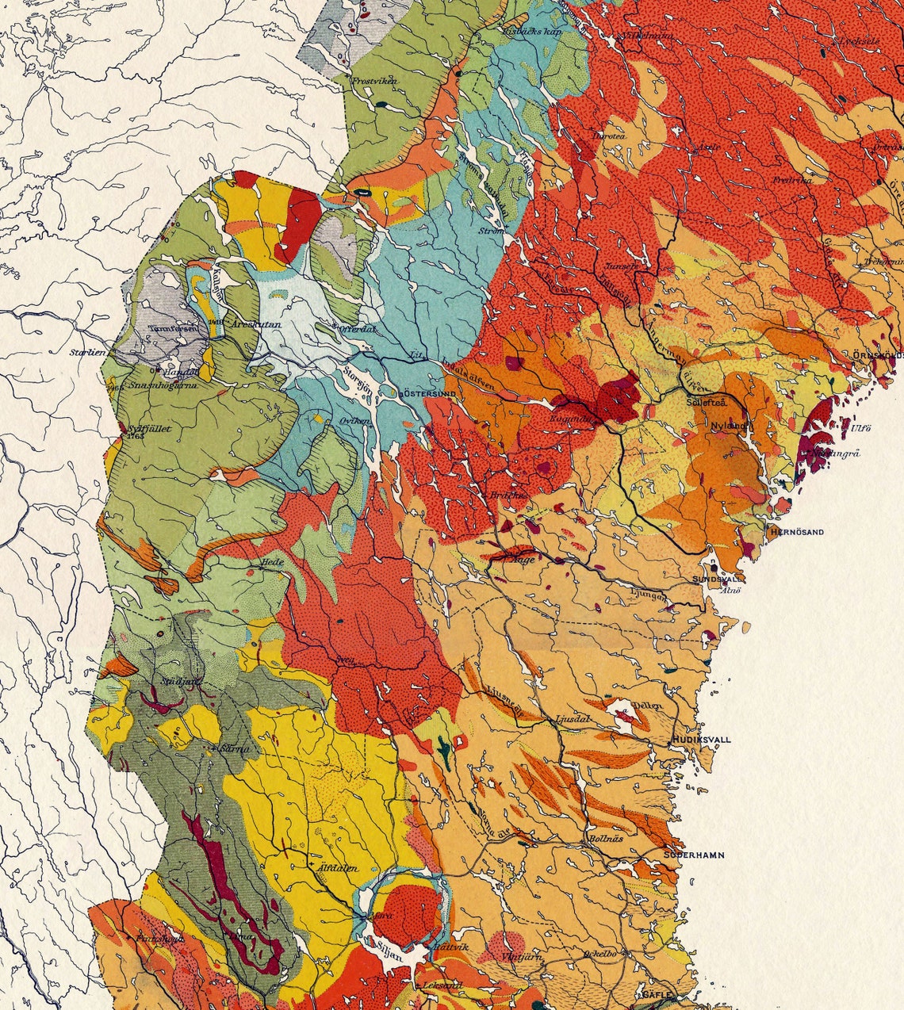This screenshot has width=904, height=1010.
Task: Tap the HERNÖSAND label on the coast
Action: coord(795,532)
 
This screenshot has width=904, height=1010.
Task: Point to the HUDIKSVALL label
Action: coord(701,740)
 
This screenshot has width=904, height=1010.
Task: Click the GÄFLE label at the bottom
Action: coord(657,994)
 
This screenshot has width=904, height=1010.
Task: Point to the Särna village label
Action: coord(236,748)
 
